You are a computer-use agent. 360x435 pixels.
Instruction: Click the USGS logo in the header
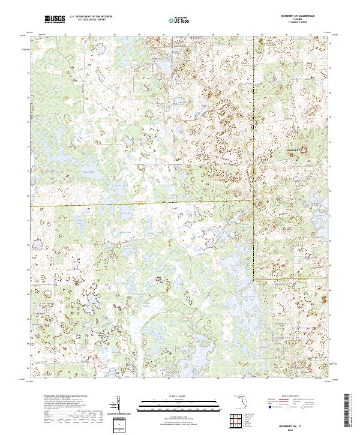[55, 19]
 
